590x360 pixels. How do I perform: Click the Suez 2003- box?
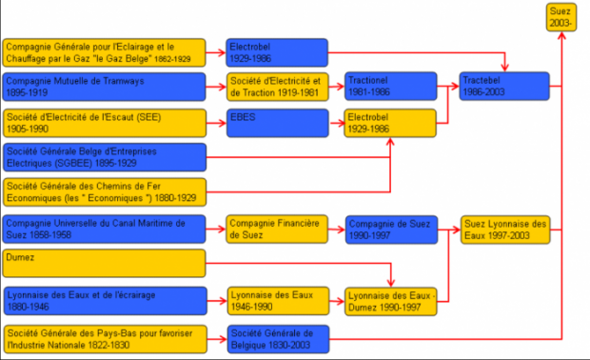coord(561,17)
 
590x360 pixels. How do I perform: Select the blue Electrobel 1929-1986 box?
coord(277,52)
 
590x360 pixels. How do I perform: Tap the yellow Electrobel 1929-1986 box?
coord(390,123)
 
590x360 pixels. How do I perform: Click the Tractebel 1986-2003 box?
coord(504,87)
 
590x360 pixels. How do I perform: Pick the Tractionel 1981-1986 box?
coord(390,87)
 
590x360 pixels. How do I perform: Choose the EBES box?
coord(277,123)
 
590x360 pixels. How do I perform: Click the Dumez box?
coord(105,263)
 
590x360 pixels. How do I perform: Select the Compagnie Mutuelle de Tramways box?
coord(105,87)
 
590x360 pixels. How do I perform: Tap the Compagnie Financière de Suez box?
coord(277,230)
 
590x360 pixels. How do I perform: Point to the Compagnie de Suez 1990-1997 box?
coord(391,230)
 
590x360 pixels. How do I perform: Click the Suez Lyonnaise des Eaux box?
coord(505,230)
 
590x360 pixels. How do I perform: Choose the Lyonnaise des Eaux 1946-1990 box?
coord(278,301)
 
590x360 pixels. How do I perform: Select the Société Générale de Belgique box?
coord(278,339)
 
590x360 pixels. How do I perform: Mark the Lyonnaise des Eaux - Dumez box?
coord(390,302)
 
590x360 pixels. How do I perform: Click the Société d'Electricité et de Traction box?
coord(277,87)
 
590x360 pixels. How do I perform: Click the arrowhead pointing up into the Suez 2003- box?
coord(561,36)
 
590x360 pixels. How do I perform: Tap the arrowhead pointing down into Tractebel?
coord(504,68)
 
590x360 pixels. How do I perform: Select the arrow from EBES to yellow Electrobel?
coord(337,123)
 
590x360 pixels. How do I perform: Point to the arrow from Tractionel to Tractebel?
coord(448,87)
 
